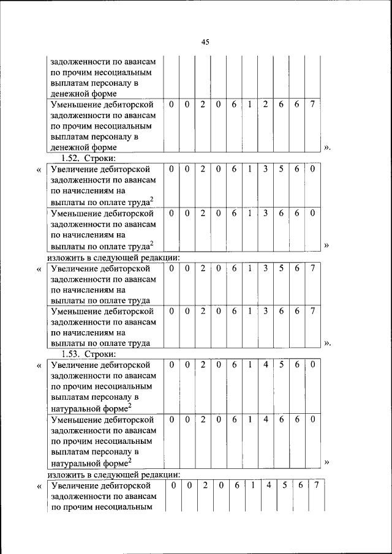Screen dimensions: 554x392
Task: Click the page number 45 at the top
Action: [x=205, y=42]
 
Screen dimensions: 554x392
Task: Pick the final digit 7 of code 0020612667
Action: [x=312, y=105]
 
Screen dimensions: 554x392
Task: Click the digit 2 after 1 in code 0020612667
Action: [x=265, y=105]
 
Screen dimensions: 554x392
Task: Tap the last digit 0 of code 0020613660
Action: [x=312, y=213]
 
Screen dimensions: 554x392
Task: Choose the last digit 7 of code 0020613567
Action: [x=312, y=268]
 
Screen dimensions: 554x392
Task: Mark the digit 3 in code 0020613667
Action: [x=265, y=311]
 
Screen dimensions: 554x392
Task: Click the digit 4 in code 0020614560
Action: [x=265, y=365]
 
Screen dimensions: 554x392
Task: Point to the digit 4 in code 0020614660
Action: [x=265, y=420]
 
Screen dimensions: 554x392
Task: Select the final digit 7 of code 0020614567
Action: [x=316, y=485]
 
